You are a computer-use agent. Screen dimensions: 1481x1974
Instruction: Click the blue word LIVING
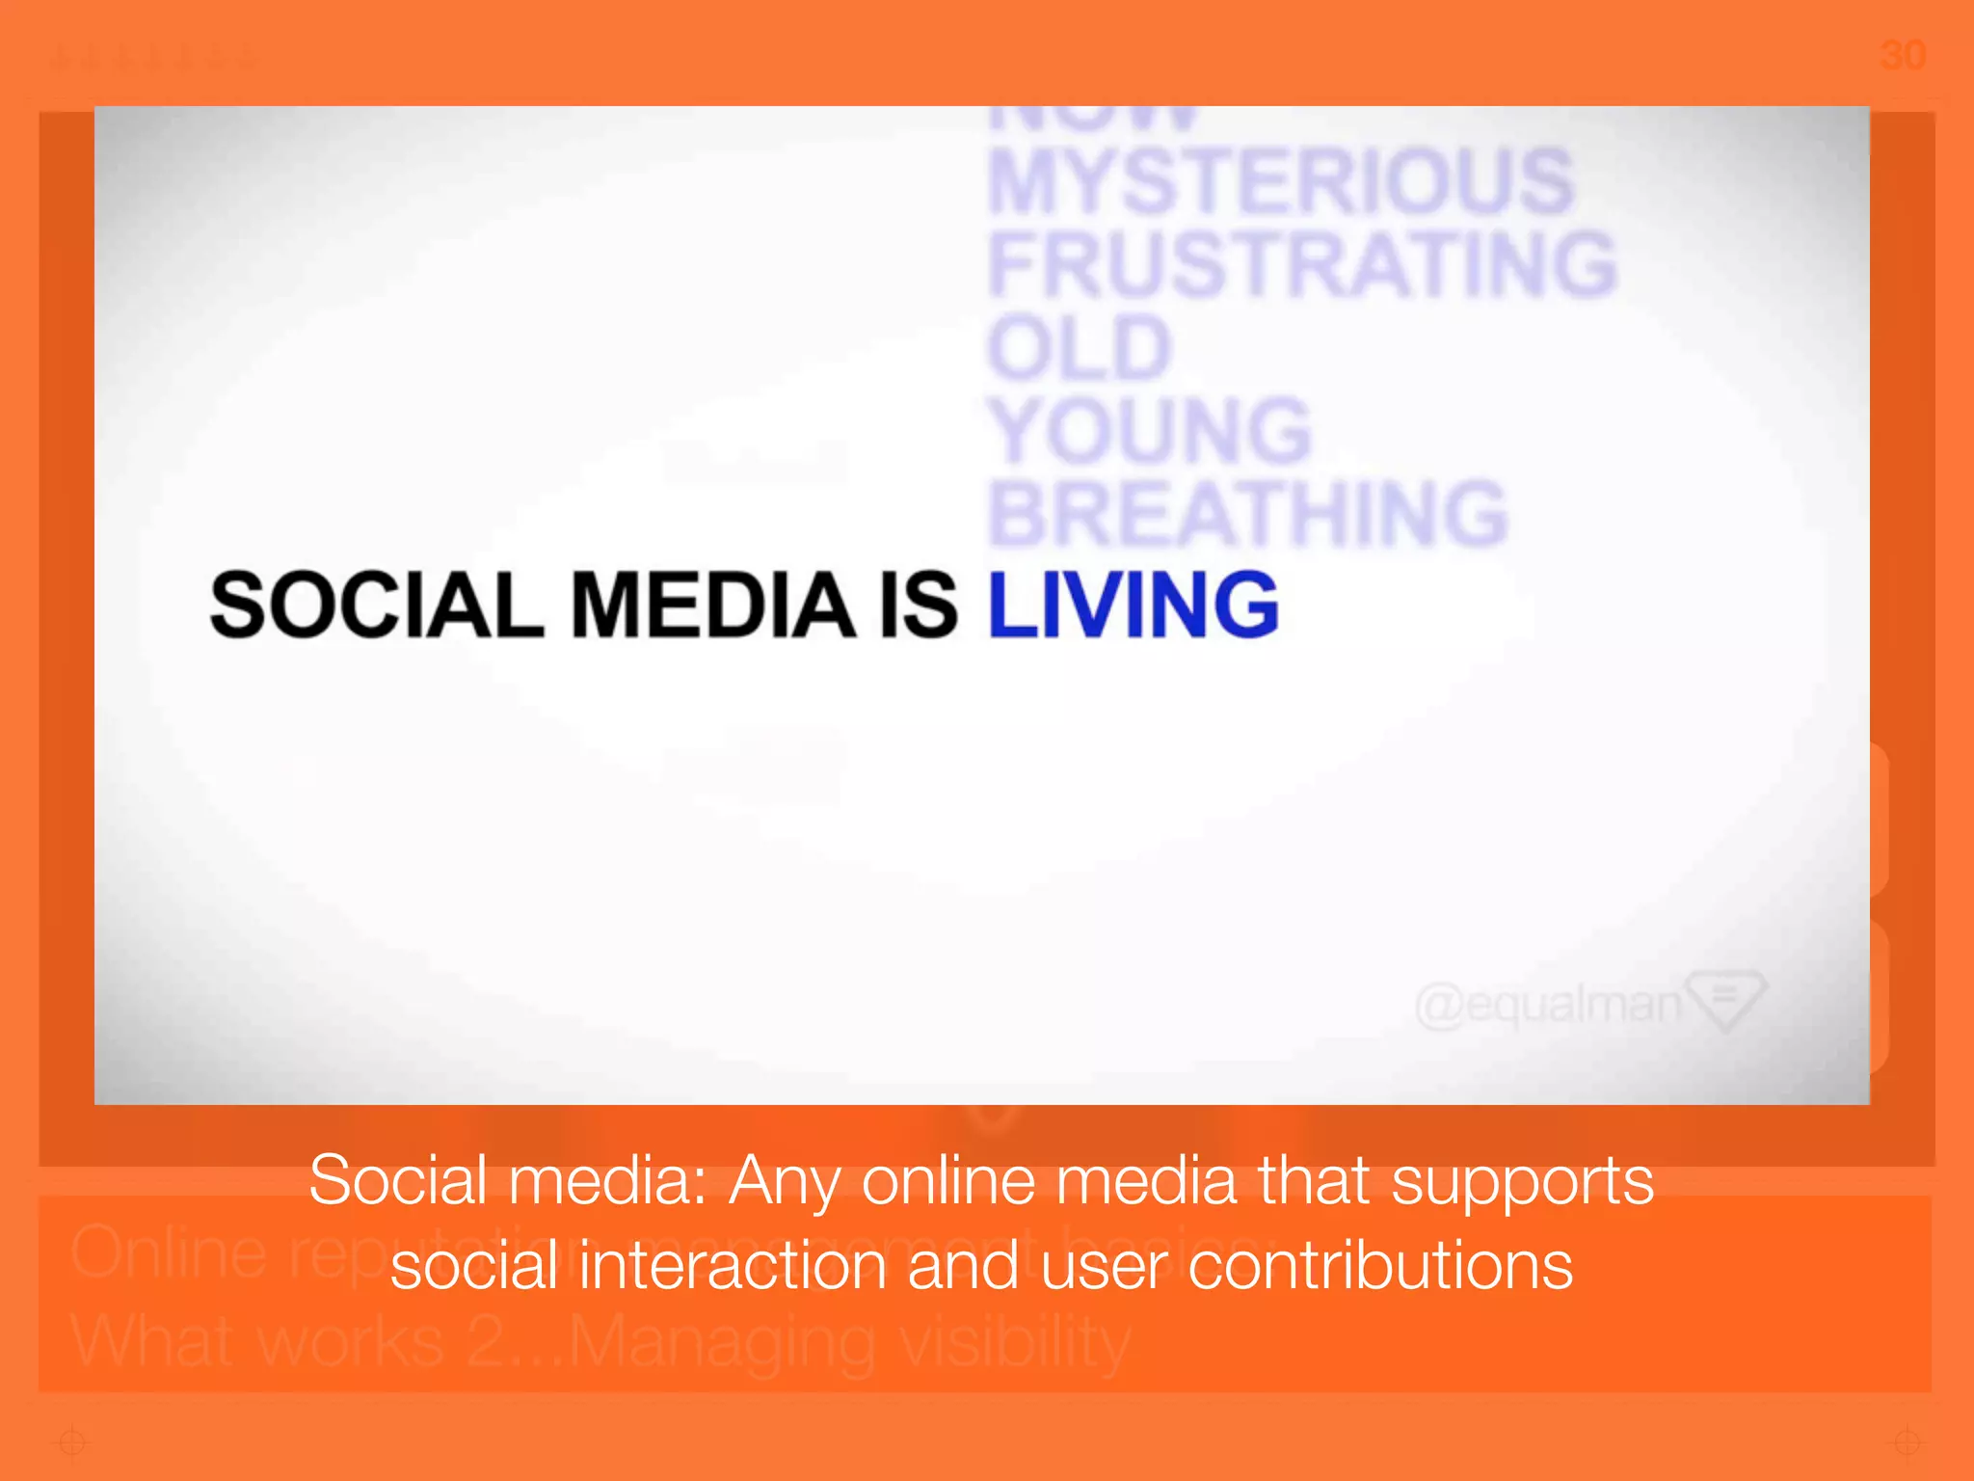pyautogui.click(x=1134, y=605)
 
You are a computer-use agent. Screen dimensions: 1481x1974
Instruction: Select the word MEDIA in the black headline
pyautogui.click(x=713, y=605)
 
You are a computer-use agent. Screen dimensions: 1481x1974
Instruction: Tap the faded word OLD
pyautogui.click(x=1079, y=348)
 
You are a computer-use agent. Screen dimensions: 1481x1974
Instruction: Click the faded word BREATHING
pyautogui.click(x=1248, y=514)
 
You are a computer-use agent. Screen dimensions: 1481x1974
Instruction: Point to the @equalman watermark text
pyautogui.click(x=1548, y=1005)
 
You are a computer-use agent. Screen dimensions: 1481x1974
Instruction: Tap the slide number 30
pyautogui.click(x=1903, y=55)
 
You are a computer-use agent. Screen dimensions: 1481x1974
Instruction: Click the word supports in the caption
pyautogui.click(x=1522, y=1182)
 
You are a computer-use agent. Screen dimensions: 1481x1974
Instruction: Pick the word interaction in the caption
pyautogui.click(x=733, y=1266)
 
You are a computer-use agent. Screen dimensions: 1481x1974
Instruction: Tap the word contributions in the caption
pyautogui.click(x=1380, y=1266)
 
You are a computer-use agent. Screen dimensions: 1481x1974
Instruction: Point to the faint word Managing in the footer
pyautogui.click(x=722, y=1342)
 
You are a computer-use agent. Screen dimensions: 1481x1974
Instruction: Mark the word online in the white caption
pyautogui.click(x=947, y=1182)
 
